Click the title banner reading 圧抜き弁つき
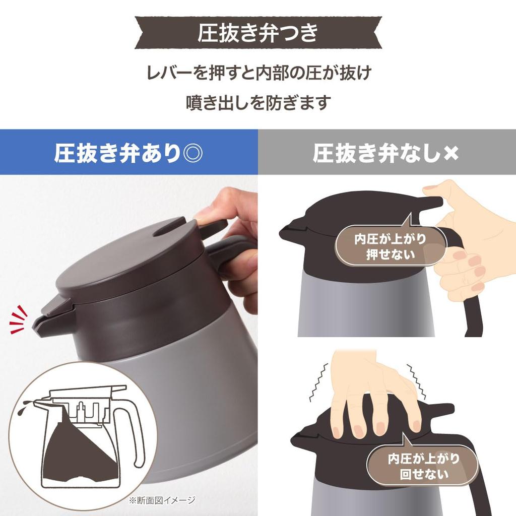(x=257, y=33)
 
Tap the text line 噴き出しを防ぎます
(x=258, y=102)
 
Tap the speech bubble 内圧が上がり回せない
(x=423, y=466)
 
